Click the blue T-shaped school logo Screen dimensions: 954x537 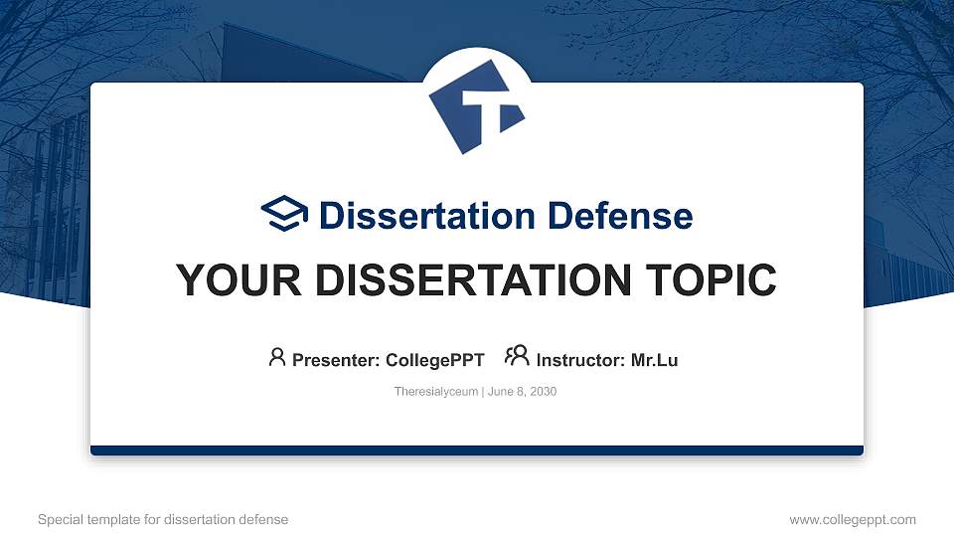point(476,106)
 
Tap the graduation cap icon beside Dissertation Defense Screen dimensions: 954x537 point(284,213)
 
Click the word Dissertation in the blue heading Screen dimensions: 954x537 point(427,216)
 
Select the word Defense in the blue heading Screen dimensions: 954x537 point(620,216)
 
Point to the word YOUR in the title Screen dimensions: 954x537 point(238,280)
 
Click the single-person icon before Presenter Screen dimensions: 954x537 point(277,357)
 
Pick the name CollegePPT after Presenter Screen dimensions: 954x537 point(435,360)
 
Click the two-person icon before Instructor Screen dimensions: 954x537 point(517,356)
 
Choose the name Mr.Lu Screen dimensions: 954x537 point(654,360)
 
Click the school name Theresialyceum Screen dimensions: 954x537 point(435,392)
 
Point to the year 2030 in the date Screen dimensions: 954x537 point(543,392)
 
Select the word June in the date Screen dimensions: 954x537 point(500,392)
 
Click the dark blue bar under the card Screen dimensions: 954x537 point(477,450)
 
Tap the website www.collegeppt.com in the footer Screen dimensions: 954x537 point(853,520)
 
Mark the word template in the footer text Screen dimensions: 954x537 point(113,520)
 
